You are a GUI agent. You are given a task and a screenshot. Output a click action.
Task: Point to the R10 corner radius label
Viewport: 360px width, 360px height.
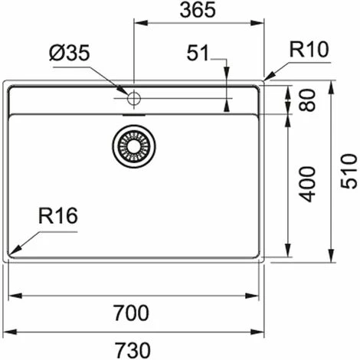[x=309, y=51]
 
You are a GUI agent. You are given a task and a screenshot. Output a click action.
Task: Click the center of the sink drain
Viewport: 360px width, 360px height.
[x=133, y=145]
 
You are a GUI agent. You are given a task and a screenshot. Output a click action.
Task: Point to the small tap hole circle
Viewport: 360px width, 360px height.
[x=133, y=98]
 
